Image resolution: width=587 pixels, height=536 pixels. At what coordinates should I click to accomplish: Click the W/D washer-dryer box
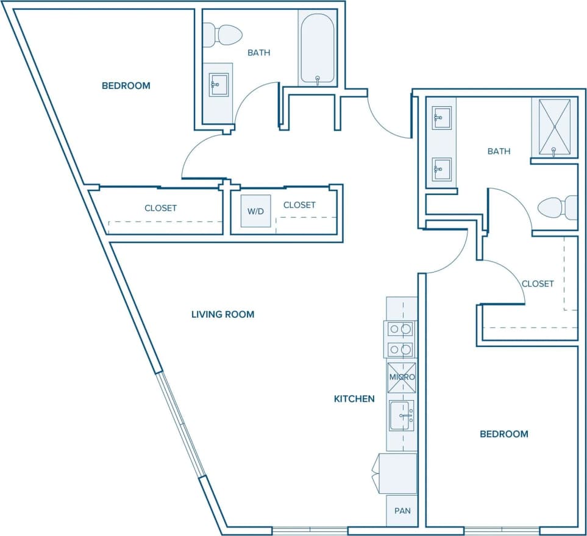click(x=255, y=211)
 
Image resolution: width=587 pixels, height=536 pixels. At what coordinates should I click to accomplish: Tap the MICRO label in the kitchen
click(x=402, y=377)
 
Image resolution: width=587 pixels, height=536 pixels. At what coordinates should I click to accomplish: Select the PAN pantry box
click(x=402, y=510)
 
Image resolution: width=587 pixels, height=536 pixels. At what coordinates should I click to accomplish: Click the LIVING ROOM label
click(x=222, y=315)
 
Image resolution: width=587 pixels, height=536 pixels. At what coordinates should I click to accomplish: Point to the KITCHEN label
click(x=354, y=399)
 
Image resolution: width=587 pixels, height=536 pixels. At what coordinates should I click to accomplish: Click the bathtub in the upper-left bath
click(x=316, y=49)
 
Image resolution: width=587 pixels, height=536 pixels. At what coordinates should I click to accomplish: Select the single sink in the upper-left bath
click(x=218, y=85)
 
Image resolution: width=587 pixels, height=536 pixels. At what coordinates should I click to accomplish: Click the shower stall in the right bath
click(x=553, y=127)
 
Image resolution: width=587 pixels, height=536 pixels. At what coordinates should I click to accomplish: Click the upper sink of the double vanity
click(x=441, y=117)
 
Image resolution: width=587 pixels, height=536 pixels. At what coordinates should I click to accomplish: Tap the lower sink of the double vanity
click(x=441, y=168)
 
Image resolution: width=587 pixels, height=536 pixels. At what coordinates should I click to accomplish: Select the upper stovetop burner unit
click(x=400, y=329)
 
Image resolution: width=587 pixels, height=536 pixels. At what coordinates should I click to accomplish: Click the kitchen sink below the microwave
click(x=401, y=416)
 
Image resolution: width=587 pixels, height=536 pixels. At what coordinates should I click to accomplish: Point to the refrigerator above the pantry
click(x=398, y=473)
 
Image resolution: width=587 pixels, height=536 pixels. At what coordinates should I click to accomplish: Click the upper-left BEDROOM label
click(x=126, y=86)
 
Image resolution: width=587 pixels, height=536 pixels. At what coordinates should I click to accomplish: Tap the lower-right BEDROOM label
click(x=504, y=434)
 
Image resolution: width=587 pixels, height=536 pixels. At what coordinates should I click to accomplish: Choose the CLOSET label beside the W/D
click(x=299, y=205)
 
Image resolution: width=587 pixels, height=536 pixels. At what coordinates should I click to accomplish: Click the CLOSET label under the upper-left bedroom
click(x=160, y=208)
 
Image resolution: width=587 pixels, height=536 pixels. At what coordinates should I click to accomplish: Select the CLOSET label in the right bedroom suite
click(x=538, y=284)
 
